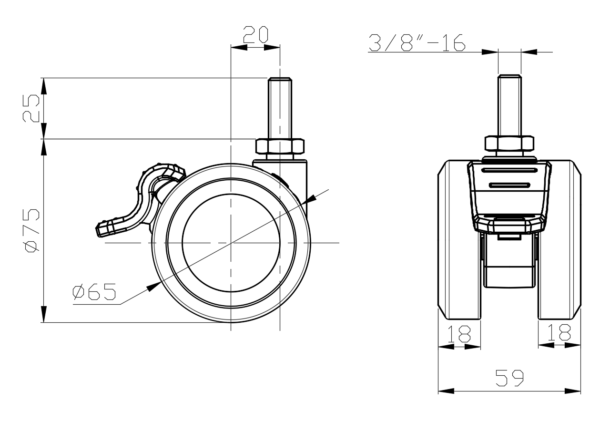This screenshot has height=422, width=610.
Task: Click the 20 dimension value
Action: pos(256,34)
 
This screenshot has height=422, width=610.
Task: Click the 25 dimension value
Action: pos(31,108)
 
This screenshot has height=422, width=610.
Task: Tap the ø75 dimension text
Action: pos(31,230)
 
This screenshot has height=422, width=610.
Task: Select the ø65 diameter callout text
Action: pos(94,291)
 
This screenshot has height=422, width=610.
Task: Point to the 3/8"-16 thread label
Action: pos(417,43)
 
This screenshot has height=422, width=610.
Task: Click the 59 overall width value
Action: pos(509,378)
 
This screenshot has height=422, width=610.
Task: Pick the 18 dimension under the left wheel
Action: pos(459,334)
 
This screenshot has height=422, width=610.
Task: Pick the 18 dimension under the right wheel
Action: pos(559,332)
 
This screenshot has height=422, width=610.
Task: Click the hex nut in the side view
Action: pos(280,146)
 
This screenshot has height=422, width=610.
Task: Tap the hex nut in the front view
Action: pos(509,144)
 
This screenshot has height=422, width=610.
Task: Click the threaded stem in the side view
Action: pos(280,108)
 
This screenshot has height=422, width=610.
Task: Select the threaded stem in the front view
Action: pos(509,105)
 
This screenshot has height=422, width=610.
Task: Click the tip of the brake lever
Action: pos(98,230)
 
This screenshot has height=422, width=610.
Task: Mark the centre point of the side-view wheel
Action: pos(231,242)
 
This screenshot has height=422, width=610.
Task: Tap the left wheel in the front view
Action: pos(459,240)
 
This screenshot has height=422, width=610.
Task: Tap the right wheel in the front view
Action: pos(559,240)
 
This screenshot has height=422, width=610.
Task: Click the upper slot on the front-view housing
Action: pos(509,171)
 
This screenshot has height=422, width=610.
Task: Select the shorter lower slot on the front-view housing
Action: pos(509,185)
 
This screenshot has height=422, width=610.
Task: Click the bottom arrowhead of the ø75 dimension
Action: pos(43,314)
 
